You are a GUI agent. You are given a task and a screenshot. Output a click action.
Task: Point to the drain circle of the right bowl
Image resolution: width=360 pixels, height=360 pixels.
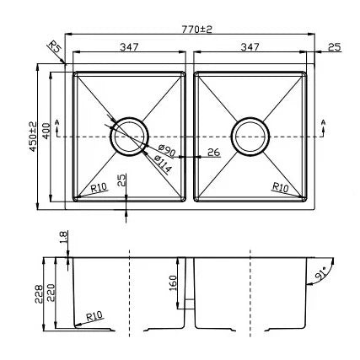pos(250,135)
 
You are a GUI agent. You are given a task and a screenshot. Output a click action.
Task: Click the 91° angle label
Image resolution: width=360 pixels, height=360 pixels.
pos(320,274)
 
